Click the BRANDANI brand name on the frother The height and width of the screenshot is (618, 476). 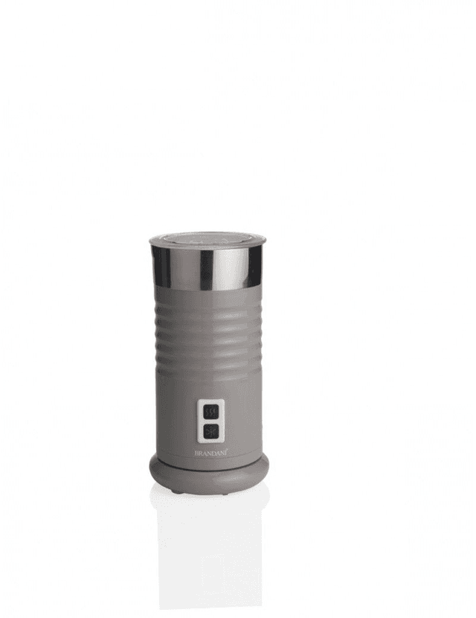point(210,453)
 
